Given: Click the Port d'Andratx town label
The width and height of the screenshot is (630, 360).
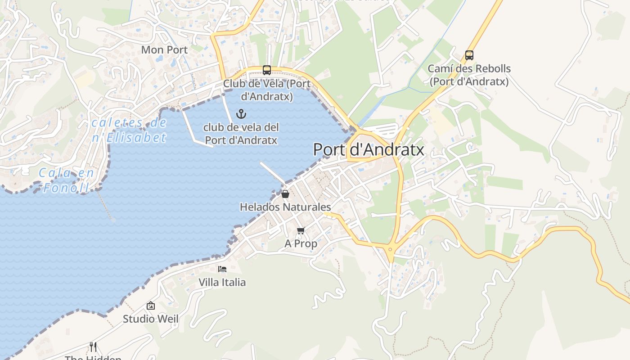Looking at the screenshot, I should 369,149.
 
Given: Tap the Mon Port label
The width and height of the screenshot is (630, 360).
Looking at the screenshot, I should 164,50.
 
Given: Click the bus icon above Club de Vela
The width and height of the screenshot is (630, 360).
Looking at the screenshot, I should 267,70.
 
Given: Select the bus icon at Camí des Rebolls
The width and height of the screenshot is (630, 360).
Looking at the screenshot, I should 469,55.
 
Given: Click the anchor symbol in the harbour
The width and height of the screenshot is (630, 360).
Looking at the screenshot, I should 241,113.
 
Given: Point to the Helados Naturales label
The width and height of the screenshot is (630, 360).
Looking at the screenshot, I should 285,207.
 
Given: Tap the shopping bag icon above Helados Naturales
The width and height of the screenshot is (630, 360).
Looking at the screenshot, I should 285,194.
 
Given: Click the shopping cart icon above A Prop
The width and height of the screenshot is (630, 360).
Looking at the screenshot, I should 301,231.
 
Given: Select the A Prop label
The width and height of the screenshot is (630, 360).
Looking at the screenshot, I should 301,243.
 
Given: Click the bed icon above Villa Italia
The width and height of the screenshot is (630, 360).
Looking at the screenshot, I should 222,269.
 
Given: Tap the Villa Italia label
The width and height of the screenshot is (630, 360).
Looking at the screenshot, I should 222,282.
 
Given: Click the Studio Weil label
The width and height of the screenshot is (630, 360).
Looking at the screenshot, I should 151,319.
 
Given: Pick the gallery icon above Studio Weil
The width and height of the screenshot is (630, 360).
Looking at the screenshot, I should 151,306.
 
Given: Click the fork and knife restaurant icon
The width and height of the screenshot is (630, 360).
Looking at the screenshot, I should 93,346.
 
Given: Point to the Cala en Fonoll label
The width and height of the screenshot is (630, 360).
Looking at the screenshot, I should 67,180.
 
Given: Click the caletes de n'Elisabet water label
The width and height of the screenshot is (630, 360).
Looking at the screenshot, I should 129,130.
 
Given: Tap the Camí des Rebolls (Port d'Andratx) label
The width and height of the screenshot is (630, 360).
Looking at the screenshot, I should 469,75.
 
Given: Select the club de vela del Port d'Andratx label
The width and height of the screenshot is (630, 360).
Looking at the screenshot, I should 241,134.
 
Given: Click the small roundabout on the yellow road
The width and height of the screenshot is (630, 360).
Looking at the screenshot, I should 390,248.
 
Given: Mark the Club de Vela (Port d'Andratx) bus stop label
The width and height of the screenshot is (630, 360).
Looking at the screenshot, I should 267,90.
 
